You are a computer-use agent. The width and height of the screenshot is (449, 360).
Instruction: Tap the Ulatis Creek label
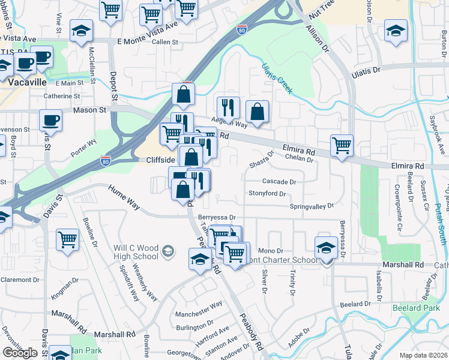277,79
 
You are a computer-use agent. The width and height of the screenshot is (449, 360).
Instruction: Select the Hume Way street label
124,197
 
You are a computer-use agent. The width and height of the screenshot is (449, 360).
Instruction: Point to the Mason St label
89,110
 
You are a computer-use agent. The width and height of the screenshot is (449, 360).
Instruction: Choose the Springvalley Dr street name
312,206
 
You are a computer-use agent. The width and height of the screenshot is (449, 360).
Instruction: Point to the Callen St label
165,43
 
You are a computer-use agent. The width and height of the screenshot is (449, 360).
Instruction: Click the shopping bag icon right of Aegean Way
257,112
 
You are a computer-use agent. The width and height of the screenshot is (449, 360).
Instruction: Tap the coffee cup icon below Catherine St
50,120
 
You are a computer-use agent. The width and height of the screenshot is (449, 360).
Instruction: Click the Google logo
20,353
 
